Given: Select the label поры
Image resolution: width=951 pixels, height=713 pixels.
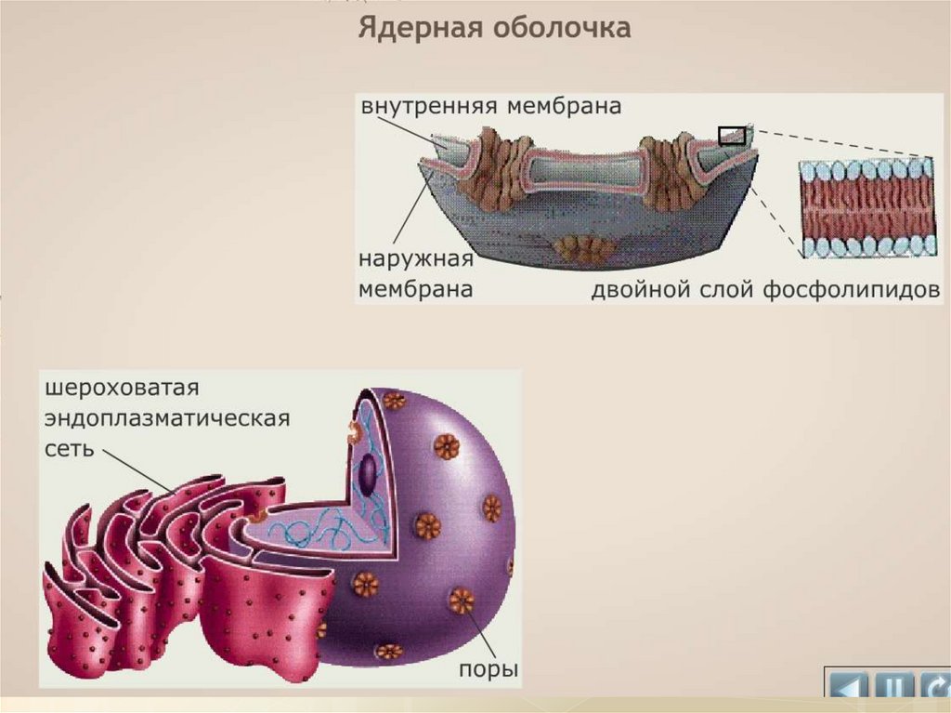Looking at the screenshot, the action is pyautogui.click(x=488, y=669).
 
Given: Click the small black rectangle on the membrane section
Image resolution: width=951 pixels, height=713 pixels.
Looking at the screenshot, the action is pyautogui.click(x=732, y=135).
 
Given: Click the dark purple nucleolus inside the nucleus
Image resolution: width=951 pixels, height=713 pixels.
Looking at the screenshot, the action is pyautogui.click(x=369, y=474).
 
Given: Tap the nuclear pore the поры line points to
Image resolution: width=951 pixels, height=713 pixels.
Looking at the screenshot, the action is pyautogui.click(x=461, y=601).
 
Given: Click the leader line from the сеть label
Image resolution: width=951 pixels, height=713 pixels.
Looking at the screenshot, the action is pyautogui.click(x=135, y=469).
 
